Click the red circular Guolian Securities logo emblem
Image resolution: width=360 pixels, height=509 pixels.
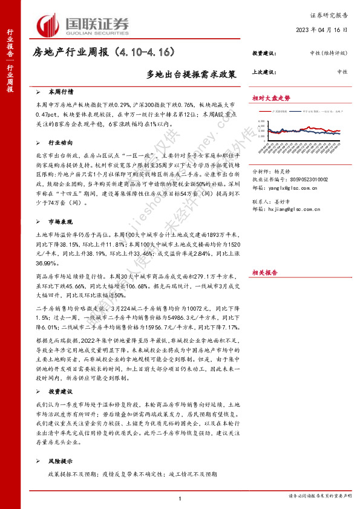pyautogui.click(x=47, y=25)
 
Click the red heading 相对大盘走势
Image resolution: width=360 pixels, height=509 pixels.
pyautogui.click(x=271, y=98)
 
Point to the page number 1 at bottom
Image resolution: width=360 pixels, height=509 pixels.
pyautogui.click(x=180, y=498)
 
